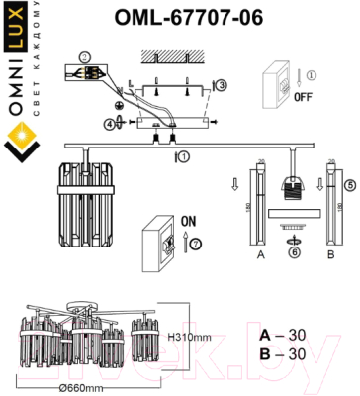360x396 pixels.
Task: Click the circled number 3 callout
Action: (x=223, y=86)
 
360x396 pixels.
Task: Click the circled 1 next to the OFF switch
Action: (x=310, y=73)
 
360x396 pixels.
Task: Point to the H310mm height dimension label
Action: (x=188, y=338)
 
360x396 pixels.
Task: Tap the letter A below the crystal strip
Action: (x=260, y=253)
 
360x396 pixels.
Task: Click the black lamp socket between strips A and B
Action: (x=292, y=188)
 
